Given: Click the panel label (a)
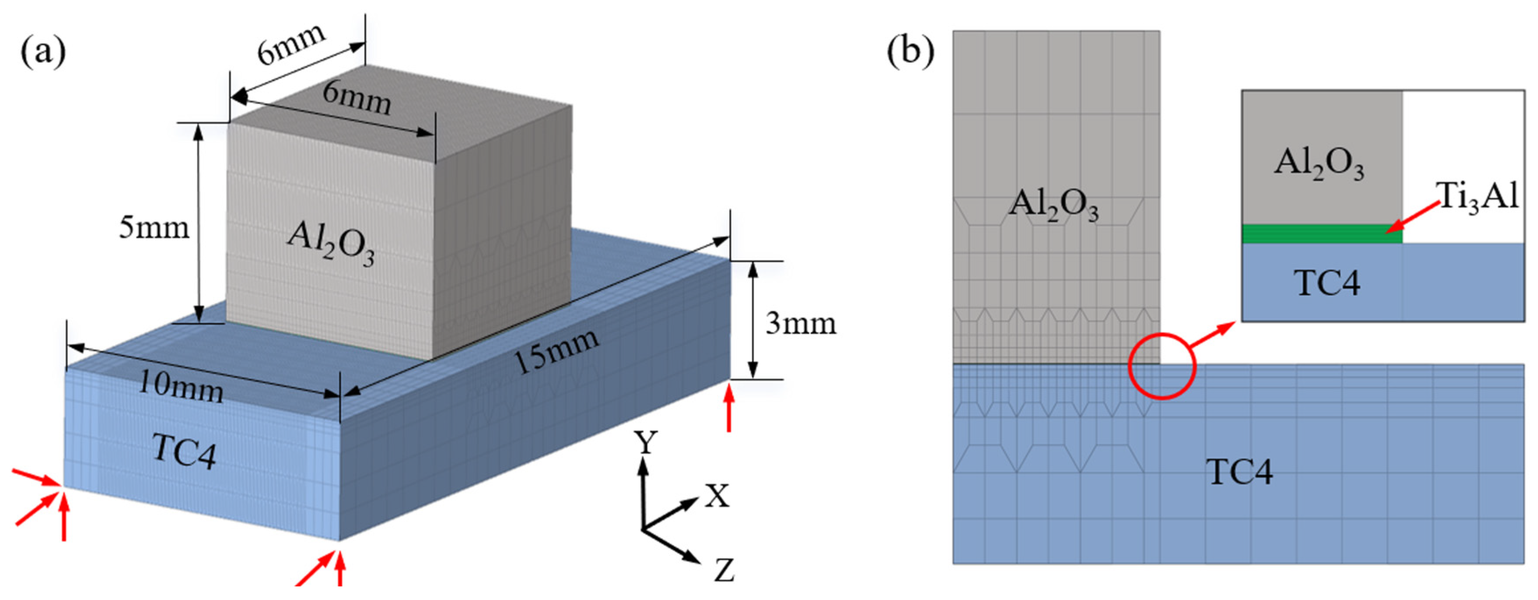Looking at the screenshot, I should click(x=43, y=52).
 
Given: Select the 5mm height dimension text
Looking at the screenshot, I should click(x=154, y=228).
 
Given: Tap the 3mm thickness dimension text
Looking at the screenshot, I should click(x=801, y=323).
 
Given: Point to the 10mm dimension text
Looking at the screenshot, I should click(x=181, y=388).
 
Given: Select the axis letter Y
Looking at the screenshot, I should click(x=645, y=443).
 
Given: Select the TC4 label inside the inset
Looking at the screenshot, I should click(x=1327, y=282).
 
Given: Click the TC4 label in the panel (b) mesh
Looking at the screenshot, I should click(x=1239, y=472).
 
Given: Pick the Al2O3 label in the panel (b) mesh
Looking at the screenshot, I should click(x=1053, y=205).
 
